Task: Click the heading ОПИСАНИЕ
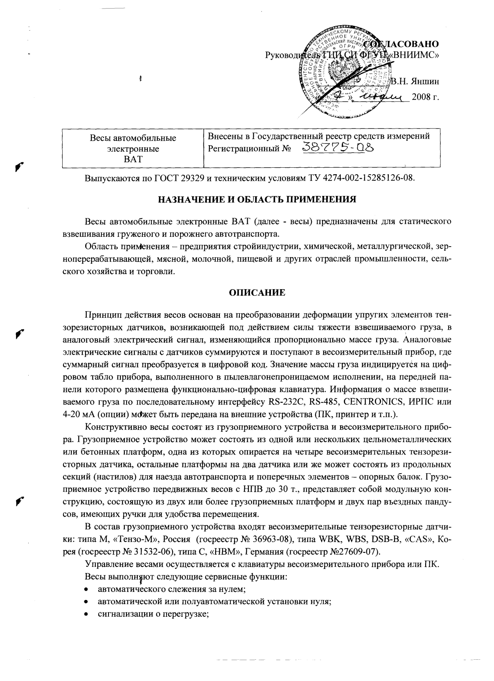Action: pos(257,292)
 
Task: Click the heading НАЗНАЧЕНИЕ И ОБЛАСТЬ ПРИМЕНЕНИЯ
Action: pos(257,200)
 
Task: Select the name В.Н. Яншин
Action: pos(414,81)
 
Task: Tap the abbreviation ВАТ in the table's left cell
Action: pos(133,160)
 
